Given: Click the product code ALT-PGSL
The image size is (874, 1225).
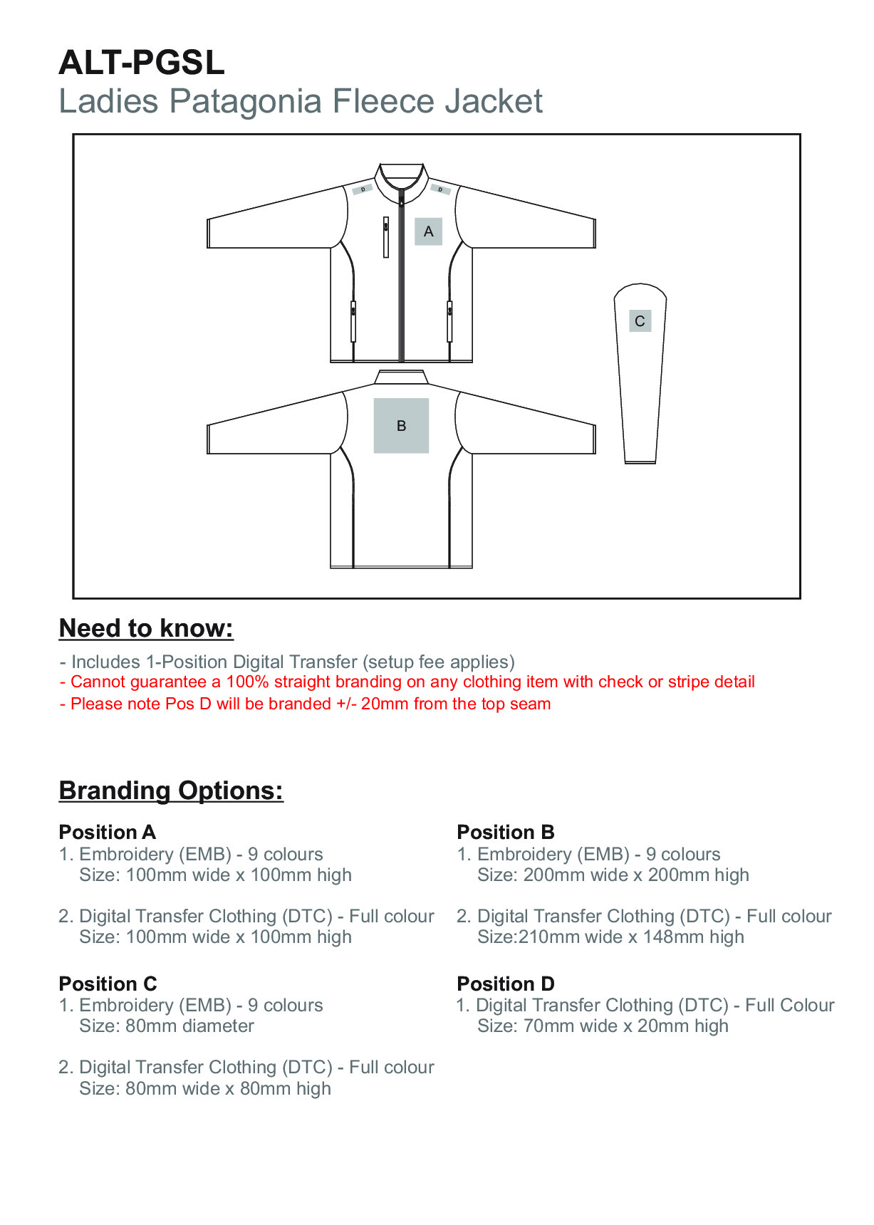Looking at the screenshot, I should (x=142, y=63).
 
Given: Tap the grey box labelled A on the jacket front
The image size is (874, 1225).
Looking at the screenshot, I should (x=428, y=231).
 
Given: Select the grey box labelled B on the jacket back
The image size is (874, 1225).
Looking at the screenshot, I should (x=401, y=425).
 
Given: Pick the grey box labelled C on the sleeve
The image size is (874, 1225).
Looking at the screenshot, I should (x=640, y=321).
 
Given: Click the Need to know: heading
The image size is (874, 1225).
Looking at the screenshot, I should (x=146, y=628).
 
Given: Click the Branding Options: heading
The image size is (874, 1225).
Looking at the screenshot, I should (x=171, y=791).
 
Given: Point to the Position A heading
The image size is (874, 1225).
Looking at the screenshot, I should (x=107, y=832).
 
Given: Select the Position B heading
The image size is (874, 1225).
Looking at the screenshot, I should (x=505, y=832).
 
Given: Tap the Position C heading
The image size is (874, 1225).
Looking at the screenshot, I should (x=108, y=984).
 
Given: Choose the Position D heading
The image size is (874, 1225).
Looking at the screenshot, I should (x=505, y=984).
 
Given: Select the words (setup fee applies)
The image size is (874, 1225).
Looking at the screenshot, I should (x=438, y=662).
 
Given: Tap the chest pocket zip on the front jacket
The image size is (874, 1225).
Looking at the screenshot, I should (x=386, y=236).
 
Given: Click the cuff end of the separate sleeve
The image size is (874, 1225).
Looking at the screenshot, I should (x=640, y=461).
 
